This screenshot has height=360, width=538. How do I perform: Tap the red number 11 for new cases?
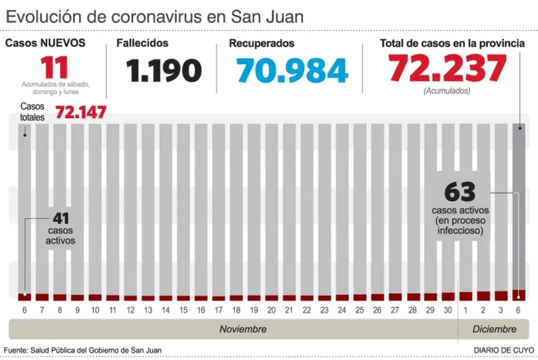coord(55,68)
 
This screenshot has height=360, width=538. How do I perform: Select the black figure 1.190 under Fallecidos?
coord(164,70)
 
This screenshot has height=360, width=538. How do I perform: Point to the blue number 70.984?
coord(292,70)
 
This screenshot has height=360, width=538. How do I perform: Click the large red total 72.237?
coord(448,68)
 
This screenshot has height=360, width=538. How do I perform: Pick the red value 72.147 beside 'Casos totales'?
coord(80,113)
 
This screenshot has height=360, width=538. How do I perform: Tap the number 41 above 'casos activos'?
coord(60,218)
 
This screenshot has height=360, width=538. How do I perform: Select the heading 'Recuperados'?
coord(261,43)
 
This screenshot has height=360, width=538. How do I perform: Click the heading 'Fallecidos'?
coord(143,43)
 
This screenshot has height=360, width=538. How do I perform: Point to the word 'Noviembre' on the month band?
coord(242,329)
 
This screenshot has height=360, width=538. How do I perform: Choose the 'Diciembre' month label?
coord(494,329)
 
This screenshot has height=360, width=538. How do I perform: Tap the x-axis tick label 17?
coord(219,310)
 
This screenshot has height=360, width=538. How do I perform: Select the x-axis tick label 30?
coord(448,310)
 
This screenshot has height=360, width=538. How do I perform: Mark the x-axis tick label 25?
coord(360,310)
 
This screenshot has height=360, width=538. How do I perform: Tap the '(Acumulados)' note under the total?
coord(447,91)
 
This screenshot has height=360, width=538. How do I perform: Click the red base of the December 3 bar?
coord(501,295)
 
